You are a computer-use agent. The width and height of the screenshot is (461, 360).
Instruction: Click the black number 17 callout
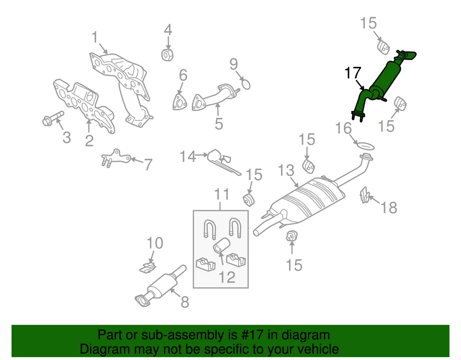coord(352,73)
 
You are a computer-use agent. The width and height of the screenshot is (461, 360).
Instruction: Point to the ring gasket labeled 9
coord(245,85)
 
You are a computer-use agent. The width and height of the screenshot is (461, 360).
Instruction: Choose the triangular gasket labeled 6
coord(180,103)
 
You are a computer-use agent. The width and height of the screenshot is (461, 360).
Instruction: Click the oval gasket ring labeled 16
coord(366,144)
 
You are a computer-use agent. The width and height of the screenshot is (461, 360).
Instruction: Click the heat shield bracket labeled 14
coord(225,161)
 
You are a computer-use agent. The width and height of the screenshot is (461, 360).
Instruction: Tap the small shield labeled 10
coord(149,266)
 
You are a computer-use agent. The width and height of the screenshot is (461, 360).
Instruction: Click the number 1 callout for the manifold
coord(95,37)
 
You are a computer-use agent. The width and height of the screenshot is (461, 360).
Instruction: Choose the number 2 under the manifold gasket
coord(89,141)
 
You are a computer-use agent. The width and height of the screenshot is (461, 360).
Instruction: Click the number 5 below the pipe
coord(218,124)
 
